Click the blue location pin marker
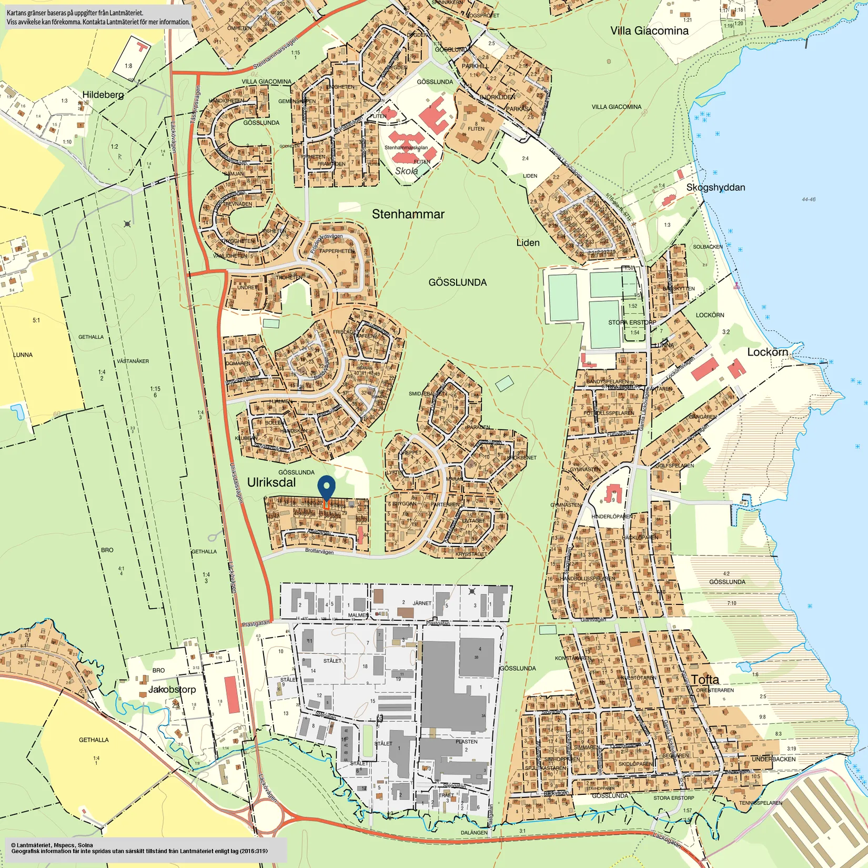327,487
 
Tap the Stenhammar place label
408,214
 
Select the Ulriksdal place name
271,482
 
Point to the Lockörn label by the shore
768,352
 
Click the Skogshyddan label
715,187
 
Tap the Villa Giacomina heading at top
649,31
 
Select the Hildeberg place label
103,95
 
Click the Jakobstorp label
172,689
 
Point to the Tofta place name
705,679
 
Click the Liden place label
528,243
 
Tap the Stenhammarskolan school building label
406,148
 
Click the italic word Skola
406,171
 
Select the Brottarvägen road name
319,551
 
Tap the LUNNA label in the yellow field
23,355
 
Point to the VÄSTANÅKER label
133,361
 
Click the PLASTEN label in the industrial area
466,742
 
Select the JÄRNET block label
422,603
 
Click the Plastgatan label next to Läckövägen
256,623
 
